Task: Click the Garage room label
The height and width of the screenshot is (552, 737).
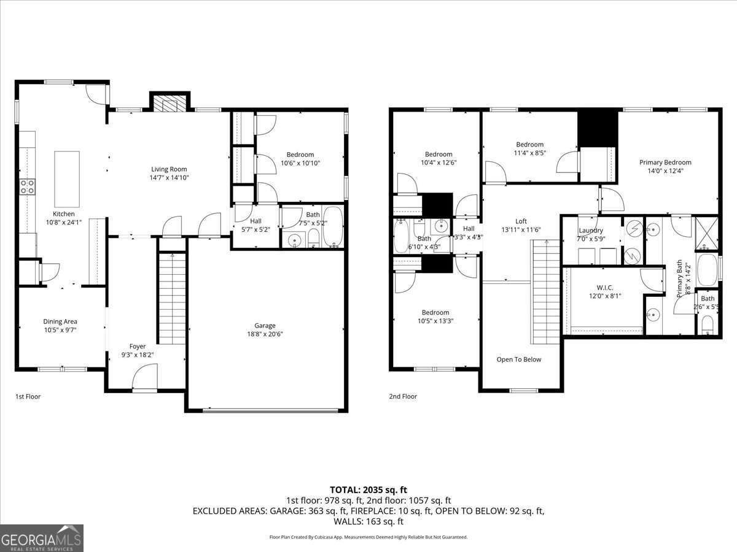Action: [x=265, y=326]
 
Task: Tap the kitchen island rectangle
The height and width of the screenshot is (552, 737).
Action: [x=67, y=179]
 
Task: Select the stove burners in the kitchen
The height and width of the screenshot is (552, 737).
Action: [x=27, y=186]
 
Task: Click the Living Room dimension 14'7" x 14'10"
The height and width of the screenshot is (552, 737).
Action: [x=169, y=178]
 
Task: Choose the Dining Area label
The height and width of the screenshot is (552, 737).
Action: [x=60, y=321]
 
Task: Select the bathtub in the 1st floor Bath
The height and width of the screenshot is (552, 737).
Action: [x=333, y=227]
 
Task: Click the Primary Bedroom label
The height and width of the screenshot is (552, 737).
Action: [x=665, y=163]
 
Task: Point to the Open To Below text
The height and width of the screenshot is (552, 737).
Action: [x=519, y=359]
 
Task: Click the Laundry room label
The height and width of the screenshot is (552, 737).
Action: [x=591, y=231]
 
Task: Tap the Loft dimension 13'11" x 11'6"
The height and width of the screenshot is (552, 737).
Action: [x=521, y=230]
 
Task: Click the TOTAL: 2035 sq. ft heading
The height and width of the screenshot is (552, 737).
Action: [x=368, y=489]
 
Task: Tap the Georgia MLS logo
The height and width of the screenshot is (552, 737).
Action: [x=42, y=538]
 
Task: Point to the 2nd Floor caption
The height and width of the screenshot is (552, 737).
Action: [x=403, y=397]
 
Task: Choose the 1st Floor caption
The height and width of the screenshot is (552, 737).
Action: [x=28, y=397]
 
